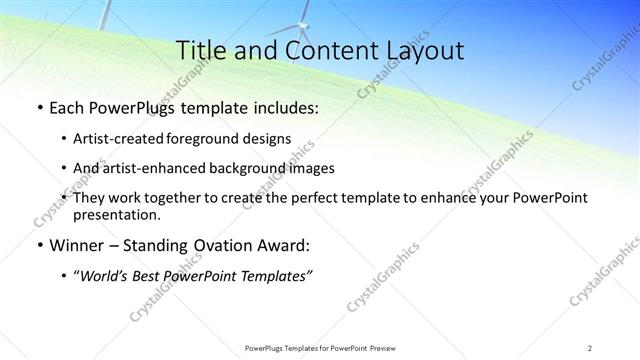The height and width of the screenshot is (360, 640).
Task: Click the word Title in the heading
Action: click(198, 51)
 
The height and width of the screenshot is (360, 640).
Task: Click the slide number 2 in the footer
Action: click(590, 347)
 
